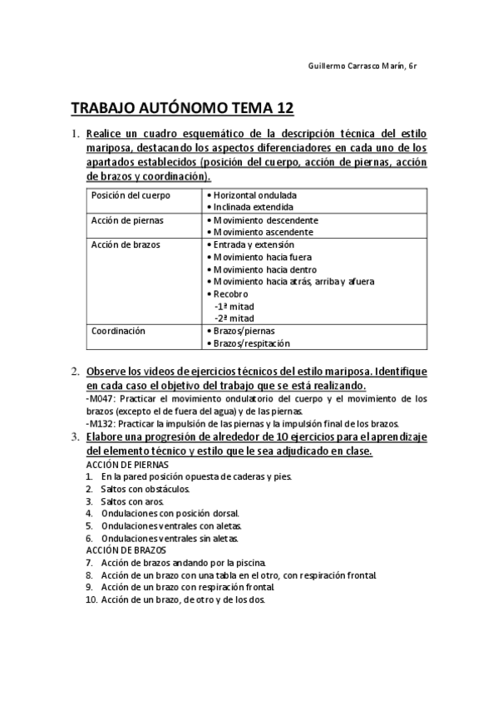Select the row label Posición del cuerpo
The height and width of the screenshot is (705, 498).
[131, 195]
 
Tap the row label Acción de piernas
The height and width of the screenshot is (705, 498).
[127, 220]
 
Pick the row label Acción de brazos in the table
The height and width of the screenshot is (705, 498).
[126, 244]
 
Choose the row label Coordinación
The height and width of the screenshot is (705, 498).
[118, 331]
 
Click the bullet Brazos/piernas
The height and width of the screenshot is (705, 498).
[244, 331]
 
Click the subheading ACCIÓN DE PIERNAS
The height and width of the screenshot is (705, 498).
[127, 464]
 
